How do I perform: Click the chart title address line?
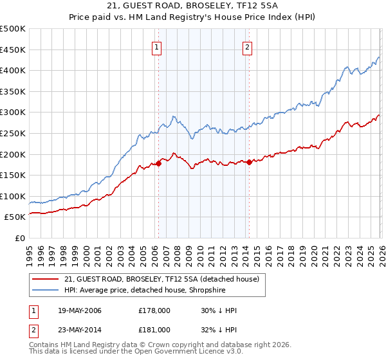[x=193, y=6]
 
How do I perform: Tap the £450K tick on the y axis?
[x=13, y=50]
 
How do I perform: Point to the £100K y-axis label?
[x=13, y=196]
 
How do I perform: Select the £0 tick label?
[x=20, y=238]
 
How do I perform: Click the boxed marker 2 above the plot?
[x=248, y=46]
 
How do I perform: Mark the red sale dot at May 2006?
[x=158, y=164]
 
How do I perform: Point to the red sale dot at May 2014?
[x=248, y=163]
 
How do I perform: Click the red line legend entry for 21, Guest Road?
[x=161, y=279]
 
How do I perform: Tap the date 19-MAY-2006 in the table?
[x=79, y=311]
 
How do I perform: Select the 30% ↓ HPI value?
[x=219, y=311]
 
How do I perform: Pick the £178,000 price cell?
[x=154, y=311]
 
